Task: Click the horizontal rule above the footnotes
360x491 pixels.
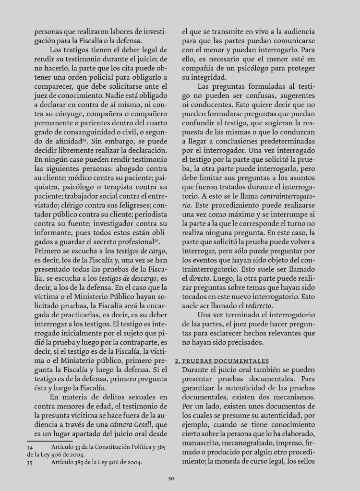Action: pyautogui.click(x=50, y=440)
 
